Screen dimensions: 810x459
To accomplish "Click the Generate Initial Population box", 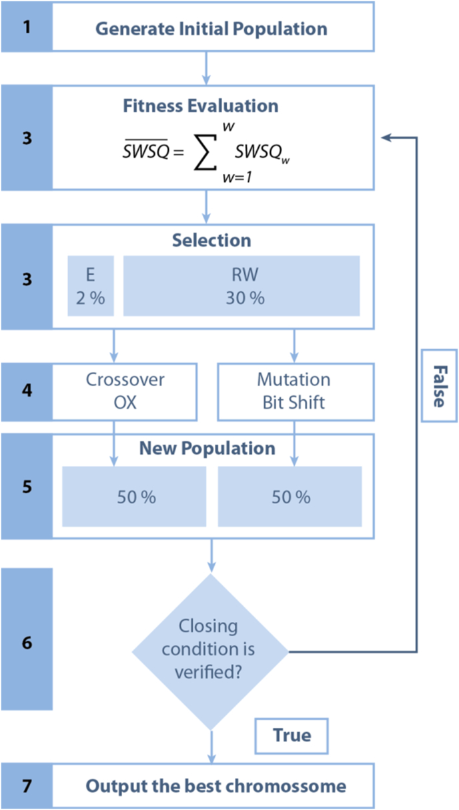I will [211, 29].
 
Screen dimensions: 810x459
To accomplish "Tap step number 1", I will [26, 29].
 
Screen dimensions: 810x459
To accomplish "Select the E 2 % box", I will [91, 285].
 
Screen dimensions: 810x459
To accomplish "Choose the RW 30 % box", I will [241, 285].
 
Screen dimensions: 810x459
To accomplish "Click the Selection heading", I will [211, 240].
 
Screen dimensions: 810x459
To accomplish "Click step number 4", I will [26, 389].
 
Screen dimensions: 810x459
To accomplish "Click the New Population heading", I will [207, 449].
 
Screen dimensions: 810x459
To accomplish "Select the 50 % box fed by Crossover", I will [134, 497].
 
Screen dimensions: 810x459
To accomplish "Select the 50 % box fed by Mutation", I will [290, 497].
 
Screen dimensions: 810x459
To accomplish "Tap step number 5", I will [26, 486].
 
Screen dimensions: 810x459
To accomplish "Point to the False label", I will [438, 386].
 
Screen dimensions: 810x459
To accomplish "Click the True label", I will [292, 735].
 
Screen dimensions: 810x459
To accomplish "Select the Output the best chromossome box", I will [215, 786].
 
